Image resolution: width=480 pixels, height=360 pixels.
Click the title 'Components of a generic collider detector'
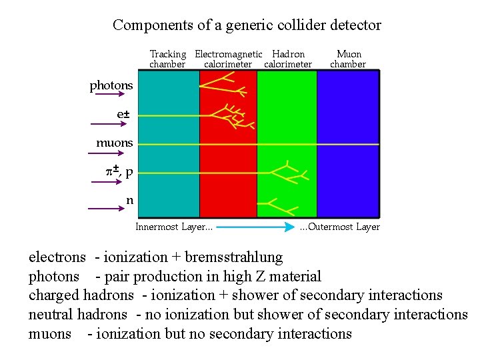click(247, 25)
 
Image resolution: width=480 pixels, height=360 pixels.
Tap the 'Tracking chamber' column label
click(167, 59)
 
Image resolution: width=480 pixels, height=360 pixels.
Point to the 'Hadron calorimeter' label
click(288, 59)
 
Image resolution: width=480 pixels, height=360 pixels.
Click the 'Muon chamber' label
click(348, 59)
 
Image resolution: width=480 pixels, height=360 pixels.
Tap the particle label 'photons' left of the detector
click(111, 85)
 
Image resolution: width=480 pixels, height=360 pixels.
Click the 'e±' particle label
click(123, 115)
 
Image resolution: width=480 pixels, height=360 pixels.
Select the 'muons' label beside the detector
click(115, 143)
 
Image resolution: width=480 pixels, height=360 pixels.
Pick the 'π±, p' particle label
click(119, 171)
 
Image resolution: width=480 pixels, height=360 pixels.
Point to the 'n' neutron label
click(129, 199)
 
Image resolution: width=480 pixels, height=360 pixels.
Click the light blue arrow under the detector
click(256, 227)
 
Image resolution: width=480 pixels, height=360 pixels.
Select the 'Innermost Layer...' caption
click(174, 227)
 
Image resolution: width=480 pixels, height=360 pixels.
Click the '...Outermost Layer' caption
click(340, 227)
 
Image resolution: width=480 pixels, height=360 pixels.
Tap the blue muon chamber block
click(347, 143)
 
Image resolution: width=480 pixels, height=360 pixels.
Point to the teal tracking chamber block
click(167, 143)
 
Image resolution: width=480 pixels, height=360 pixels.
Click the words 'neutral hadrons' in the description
click(77, 315)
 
